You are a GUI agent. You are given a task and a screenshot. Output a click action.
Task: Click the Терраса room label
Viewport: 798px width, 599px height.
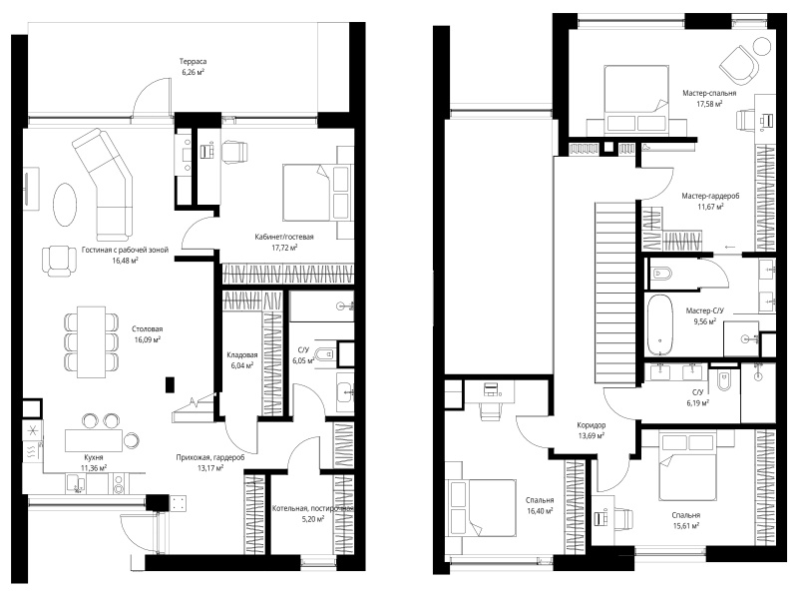pos(193,62)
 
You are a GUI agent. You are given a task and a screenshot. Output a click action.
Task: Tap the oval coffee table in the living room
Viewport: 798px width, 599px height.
pos(65,204)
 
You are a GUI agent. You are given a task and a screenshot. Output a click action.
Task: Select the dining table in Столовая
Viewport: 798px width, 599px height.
pos(92,341)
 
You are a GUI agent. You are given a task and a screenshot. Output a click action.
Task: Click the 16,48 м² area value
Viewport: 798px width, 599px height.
pos(126,261)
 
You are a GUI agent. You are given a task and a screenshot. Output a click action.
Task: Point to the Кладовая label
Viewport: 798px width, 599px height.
pos(242,355)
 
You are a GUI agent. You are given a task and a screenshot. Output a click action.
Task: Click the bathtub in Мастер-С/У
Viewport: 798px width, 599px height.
pos(660,325)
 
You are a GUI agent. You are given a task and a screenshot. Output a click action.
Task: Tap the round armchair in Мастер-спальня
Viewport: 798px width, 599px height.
pos(738,65)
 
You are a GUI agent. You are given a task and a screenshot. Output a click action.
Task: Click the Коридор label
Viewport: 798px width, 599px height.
pos(591,425)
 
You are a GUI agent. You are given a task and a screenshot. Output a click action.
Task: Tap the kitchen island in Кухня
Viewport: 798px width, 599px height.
pos(94,440)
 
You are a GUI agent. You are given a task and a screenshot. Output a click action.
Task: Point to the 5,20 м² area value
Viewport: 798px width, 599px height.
pos(312,519)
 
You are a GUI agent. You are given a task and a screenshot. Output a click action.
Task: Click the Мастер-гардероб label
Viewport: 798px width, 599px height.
pos(710,196)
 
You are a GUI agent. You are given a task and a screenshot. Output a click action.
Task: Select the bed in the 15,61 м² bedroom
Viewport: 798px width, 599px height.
pos(687,465)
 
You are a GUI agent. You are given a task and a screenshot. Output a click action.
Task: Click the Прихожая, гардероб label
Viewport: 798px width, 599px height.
pos(210,457)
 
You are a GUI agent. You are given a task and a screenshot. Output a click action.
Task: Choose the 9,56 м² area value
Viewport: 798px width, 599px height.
pos(705,321)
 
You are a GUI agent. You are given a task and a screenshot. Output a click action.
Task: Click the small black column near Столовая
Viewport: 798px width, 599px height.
pos(170,384)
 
